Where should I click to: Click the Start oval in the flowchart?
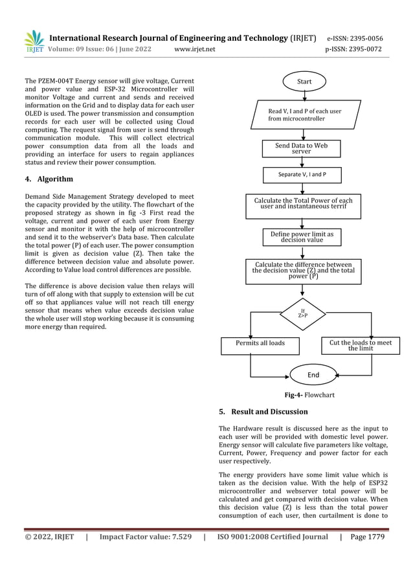click(304, 82)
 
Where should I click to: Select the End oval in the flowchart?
click(313, 374)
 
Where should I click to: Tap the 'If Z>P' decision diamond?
click(302, 315)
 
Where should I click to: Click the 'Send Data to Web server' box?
click(301, 148)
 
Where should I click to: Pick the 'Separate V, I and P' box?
click(301, 175)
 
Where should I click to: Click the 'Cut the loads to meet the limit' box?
click(360, 345)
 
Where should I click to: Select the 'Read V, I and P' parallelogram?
click(304, 115)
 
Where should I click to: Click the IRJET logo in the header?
click(34, 42)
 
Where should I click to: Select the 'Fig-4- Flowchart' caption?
click(309, 395)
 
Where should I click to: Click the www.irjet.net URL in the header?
click(195, 49)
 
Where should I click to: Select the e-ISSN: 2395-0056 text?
click(355, 38)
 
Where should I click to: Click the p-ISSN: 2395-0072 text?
click(353, 49)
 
